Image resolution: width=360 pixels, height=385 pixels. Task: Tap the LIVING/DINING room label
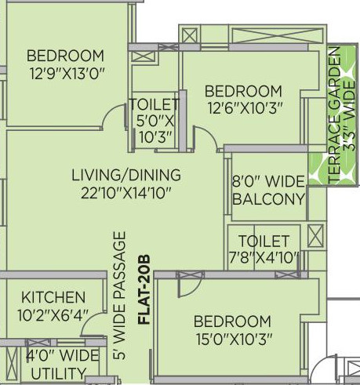pos(125,174)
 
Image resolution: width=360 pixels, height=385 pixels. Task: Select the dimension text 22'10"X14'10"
pos(125,191)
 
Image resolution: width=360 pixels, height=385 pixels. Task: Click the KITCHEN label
pos(53,298)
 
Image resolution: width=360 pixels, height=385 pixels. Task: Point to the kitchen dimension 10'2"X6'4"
pos(53,314)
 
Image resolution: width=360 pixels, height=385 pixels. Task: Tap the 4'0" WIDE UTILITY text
pos(53,361)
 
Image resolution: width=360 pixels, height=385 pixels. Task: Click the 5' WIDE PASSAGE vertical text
pos(119,296)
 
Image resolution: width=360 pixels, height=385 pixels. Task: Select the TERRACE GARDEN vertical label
pos(335,115)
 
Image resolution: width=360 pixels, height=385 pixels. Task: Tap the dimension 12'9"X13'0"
pos(65,73)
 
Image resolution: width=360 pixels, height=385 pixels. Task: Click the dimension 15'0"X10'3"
pos(232,338)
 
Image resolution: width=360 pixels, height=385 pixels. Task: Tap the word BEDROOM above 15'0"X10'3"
pos(232,321)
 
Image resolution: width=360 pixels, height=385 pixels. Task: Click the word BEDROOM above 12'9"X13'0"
pos(65,56)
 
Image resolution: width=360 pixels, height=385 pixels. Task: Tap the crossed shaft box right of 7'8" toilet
pos(315,235)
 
